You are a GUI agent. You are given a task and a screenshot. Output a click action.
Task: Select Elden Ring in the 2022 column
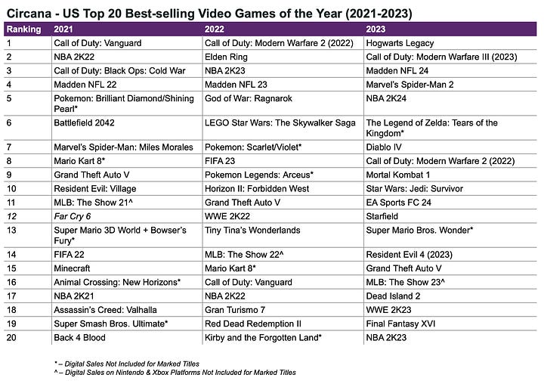(x=225, y=56)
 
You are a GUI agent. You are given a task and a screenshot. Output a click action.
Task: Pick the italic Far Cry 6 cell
(x=71, y=215)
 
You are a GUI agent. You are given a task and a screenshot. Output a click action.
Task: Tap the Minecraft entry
(x=74, y=268)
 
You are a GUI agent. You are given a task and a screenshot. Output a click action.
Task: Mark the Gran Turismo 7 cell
(x=235, y=310)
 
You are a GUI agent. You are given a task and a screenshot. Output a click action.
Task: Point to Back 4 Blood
(x=82, y=336)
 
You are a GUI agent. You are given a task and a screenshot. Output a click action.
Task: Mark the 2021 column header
(x=63, y=29)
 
